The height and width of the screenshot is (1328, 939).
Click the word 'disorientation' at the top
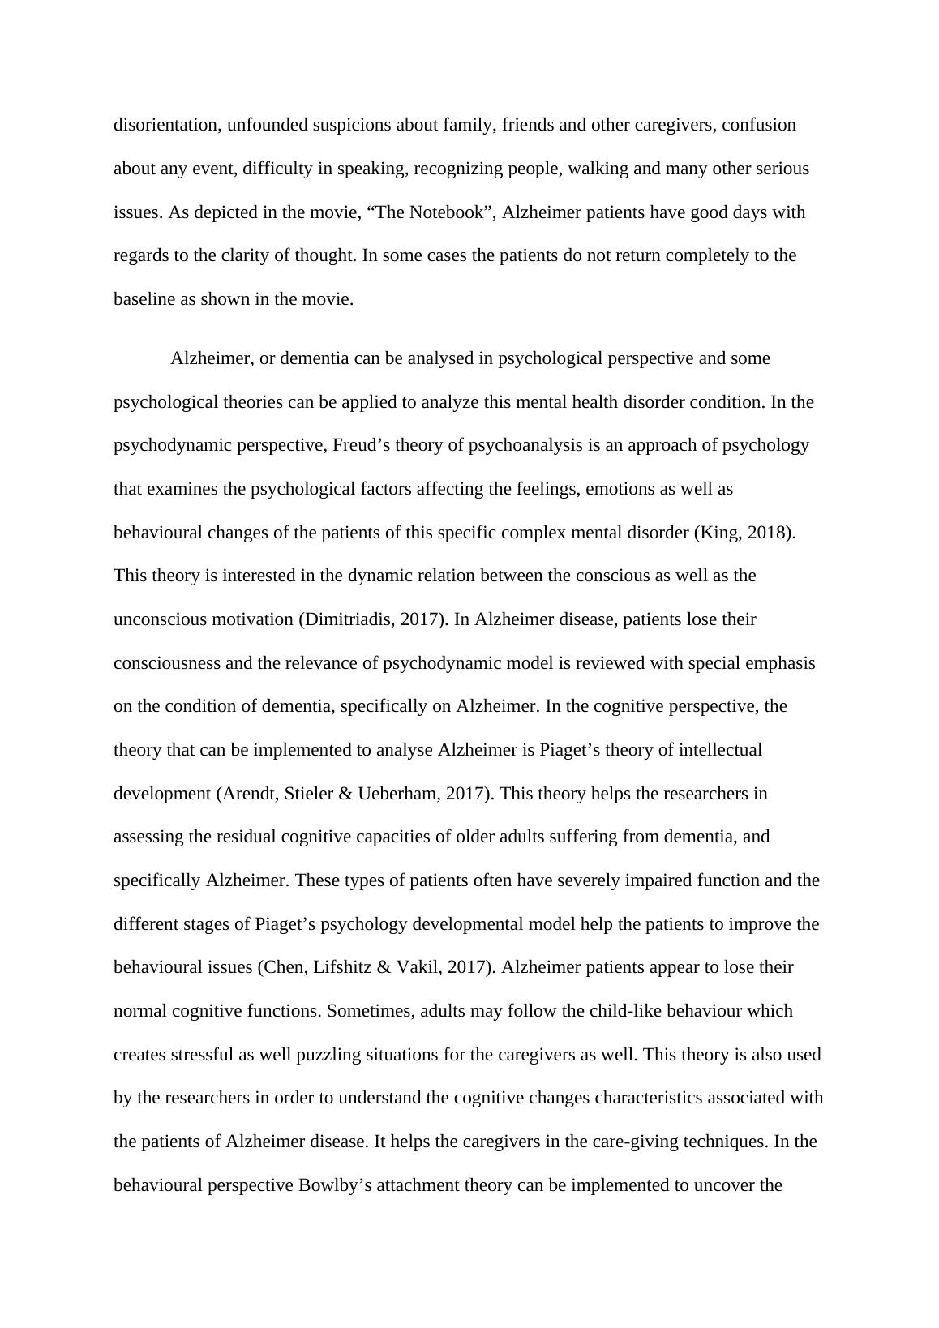click(165, 125)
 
